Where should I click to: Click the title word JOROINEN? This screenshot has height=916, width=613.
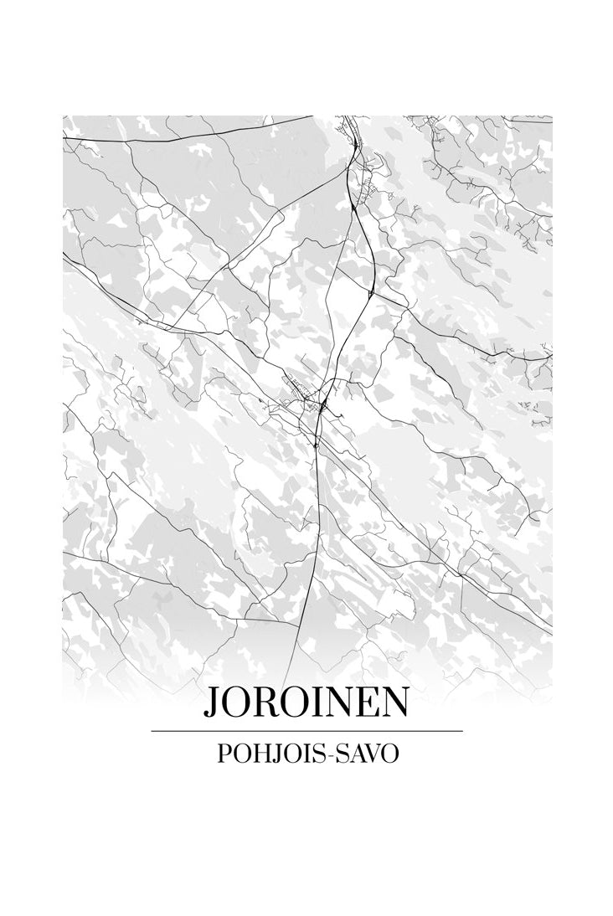click(306, 703)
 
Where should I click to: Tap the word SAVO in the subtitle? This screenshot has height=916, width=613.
click(368, 753)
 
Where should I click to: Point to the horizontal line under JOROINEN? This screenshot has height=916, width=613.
click(306, 731)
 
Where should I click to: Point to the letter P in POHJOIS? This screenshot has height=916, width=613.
click(224, 753)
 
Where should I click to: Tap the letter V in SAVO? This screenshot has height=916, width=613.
click(372, 753)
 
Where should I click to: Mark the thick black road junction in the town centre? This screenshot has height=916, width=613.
click(322, 408)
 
